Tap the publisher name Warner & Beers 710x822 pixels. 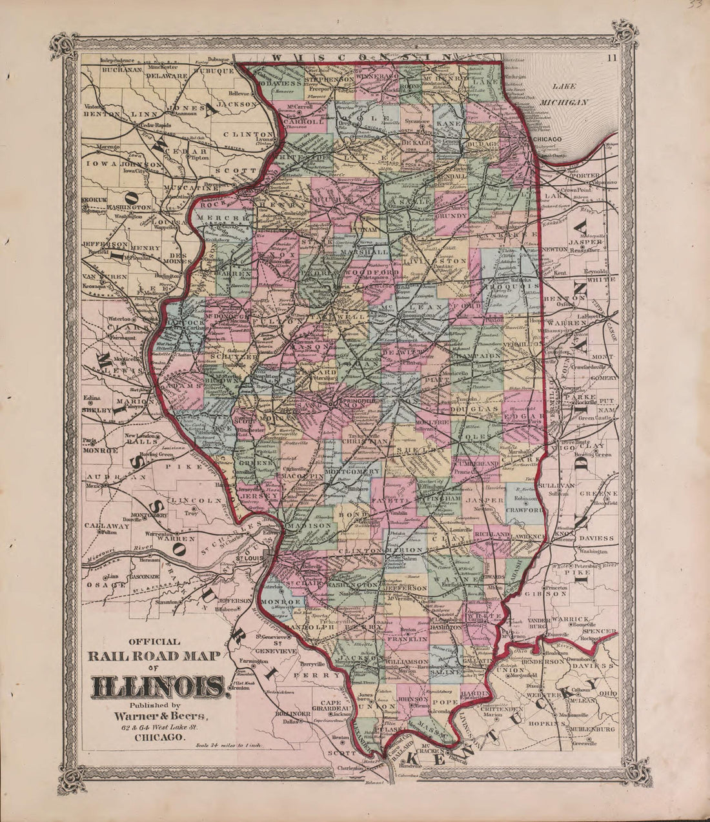pyautogui.click(x=160, y=716)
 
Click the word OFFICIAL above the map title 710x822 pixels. pyautogui.click(x=154, y=641)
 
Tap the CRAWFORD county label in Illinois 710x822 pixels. pyautogui.click(x=525, y=510)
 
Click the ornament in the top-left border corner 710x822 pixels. pyautogui.click(x=66, y=45)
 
